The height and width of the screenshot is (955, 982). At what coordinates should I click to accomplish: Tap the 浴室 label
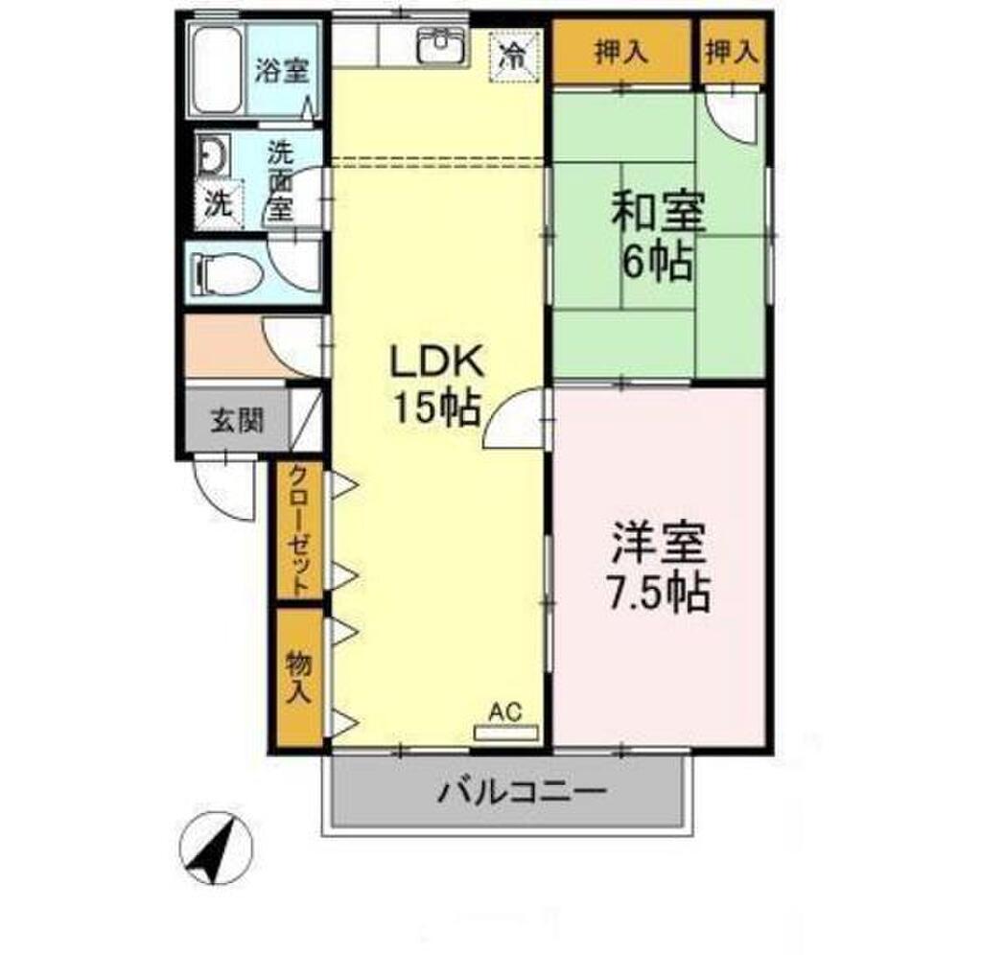(283, 71)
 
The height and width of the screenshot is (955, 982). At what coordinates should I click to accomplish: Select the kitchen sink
(442, 44)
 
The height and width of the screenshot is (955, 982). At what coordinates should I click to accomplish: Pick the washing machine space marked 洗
(219, 202)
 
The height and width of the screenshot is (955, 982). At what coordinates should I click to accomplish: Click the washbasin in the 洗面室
(211, 154)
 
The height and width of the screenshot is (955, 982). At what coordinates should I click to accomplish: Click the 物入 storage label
(299, 676)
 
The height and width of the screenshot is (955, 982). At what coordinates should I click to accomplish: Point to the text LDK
(437, 361)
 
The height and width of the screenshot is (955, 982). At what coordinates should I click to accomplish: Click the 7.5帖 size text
(658, 593)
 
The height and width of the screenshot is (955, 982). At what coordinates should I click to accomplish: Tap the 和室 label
(659, 213)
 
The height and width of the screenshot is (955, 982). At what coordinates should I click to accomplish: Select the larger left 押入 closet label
(620, 52)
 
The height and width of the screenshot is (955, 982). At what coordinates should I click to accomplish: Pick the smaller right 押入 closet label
(732, 52)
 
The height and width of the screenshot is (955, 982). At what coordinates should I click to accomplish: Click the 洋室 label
(660, 544)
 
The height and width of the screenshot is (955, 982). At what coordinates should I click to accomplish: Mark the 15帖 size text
(436, 408)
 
